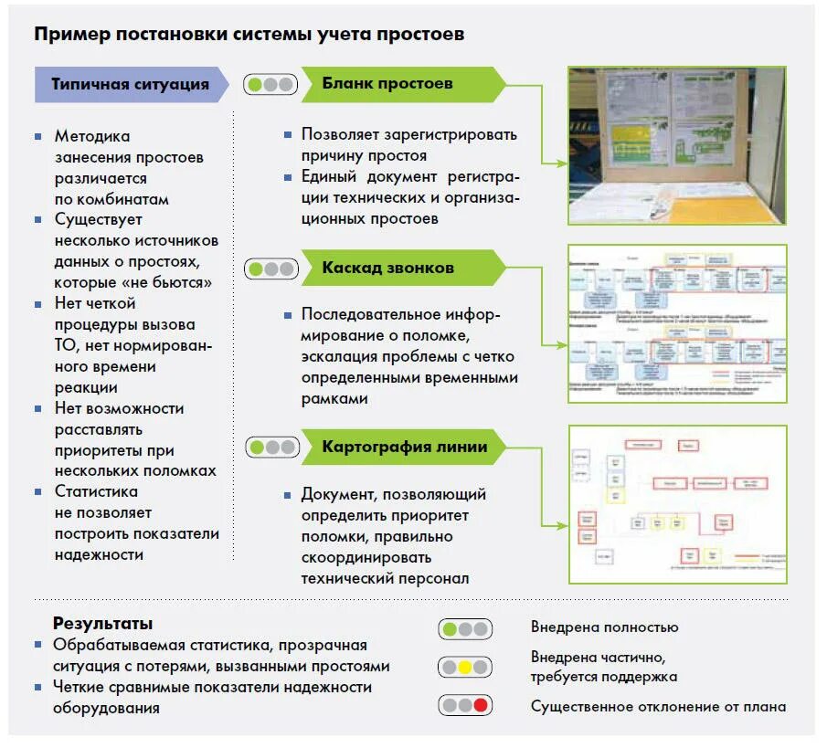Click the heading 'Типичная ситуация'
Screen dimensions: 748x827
pyautogui.click(x=130, y=84)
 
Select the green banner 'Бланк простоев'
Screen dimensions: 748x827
pyautogui.click(x=388, y=84)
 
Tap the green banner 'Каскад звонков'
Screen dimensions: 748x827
pyautogui.click(x=388, y=269)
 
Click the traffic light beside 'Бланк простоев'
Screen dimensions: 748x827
pyautogui.click(x=270, y=85)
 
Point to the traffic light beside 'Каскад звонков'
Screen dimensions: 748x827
pyautogui.click(x=270, y=269)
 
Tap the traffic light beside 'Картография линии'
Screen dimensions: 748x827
pyautogui.click(x=271, y=448)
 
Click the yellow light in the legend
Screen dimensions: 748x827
pyautogui.click(x=464, y=668)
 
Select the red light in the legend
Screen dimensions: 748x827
pyautogui.click(x=481, y=706)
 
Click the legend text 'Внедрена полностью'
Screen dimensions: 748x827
pyautogui.click(x=604, y=627)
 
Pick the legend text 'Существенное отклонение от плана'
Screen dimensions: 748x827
pyautogui.click(x=658, y=706)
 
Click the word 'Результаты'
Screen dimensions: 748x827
pyautogui.click(x=102, y=624)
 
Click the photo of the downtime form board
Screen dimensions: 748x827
pyautogui.click(x=676, y=145)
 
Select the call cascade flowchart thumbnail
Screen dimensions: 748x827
pyautogui.click(x=676, y=323)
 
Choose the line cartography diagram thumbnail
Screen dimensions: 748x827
pyautogui.click(x=676, y=503)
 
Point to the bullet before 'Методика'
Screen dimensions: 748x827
pyautogui.click(x=37, y=136)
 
